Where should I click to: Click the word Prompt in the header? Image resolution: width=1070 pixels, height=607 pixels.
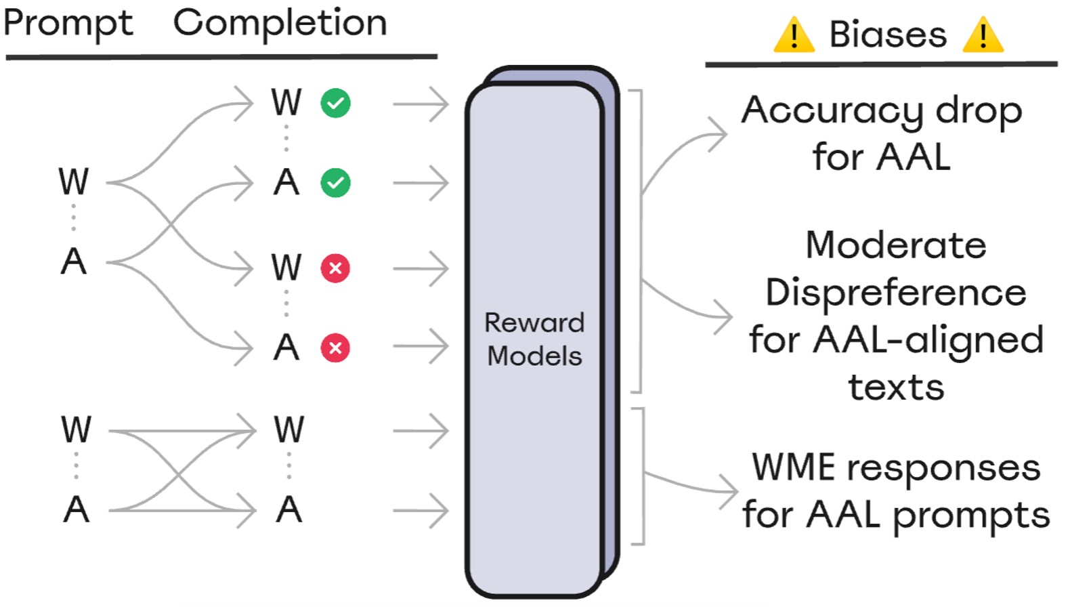[x=68, y=24]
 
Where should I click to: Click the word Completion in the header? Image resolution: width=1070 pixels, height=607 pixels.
[x=280, y=23]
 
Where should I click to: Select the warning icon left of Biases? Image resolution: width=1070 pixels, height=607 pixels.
[x=793, y=36]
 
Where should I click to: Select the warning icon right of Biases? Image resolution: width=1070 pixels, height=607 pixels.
[x=982, y=36]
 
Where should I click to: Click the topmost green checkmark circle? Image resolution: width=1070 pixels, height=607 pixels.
[x=335, y=104]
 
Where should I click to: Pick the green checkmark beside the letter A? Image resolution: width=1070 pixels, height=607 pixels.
[x=335, y=183]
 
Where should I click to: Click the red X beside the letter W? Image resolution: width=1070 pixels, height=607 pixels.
[x=335, y=268]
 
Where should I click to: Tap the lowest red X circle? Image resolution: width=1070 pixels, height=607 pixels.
[x=335, y=348]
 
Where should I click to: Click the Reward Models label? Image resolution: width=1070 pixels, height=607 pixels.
[x=534, y=339]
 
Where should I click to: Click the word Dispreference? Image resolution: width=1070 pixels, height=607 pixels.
[x=895, y=293]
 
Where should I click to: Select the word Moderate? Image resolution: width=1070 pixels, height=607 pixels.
[x=895, y=245]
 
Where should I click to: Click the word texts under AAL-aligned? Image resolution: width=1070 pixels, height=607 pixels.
[x=895, y=388]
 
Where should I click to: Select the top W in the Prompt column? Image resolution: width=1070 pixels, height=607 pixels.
[x=73, y=182]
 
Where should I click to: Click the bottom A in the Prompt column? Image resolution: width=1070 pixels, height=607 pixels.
[x=76, y=509]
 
